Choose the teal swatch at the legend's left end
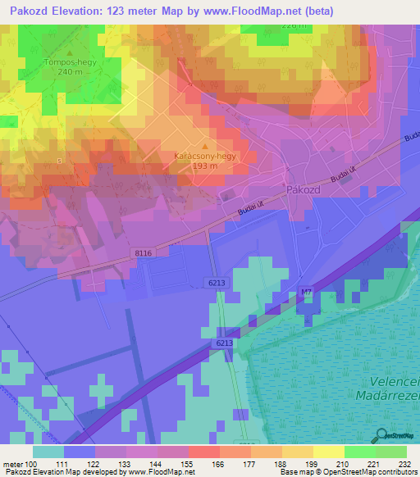(48, 452)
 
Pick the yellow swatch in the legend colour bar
(329, 452)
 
